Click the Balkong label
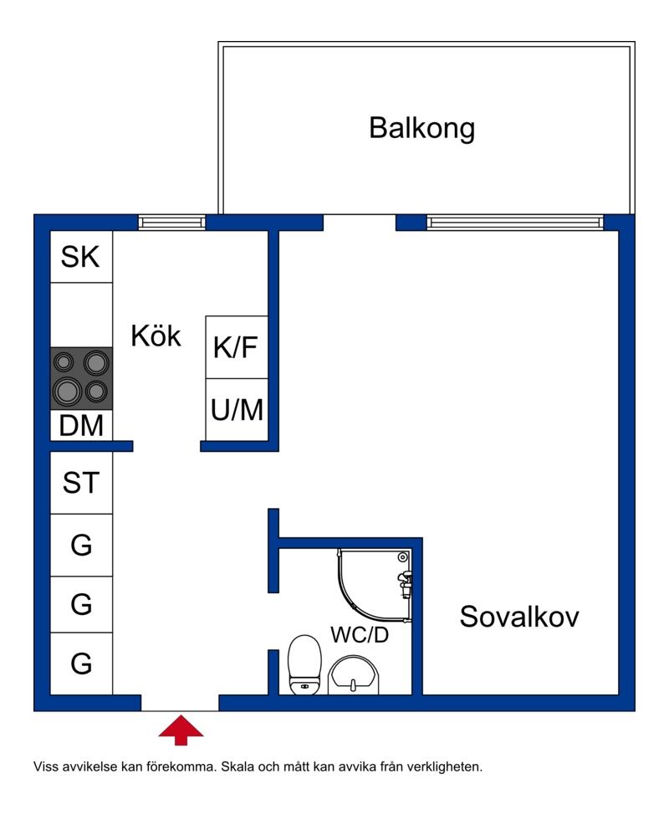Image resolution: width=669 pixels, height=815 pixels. point(421,128)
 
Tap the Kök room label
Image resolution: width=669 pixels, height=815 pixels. point(156,336)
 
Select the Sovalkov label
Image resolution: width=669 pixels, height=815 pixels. point(518,617)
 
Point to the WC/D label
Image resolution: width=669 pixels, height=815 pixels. point(360,634)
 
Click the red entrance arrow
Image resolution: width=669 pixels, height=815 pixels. point(181,730)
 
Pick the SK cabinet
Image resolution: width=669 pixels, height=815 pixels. point(81,257)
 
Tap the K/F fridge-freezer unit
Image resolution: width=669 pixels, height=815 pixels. point(237,347)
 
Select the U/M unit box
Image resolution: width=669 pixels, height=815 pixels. point(237,409)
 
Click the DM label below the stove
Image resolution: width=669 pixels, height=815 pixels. point(81,425)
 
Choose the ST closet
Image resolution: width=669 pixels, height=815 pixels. point(81,483)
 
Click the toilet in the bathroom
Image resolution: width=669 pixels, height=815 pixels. point(305,664)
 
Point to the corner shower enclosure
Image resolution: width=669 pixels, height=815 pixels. point(375,585)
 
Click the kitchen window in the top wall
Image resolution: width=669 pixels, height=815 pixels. point(172,223)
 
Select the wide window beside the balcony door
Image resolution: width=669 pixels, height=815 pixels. point(515,223)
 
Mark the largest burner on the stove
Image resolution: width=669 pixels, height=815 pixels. point(68,391)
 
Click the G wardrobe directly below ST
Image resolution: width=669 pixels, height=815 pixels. point(81,546)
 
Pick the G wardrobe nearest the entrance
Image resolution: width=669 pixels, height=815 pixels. point(81,664)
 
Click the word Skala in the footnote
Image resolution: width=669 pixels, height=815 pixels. point(237,766)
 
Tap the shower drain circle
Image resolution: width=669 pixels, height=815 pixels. point(402,557)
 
